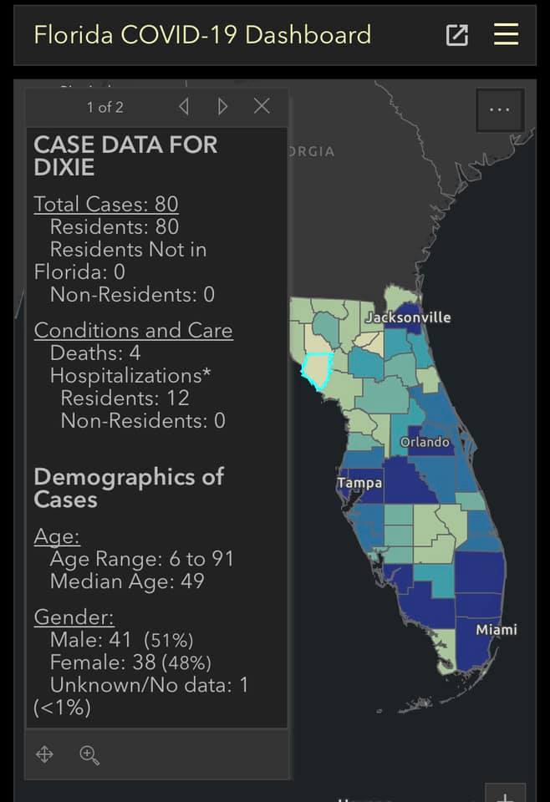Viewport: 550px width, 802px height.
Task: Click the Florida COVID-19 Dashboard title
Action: pyautogui.click(x=202, y=35)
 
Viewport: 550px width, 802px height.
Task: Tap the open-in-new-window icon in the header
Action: pyautogui.click(x=457, y=35)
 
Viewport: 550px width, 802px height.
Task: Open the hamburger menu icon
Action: pyautogui.click(x=506, y=35)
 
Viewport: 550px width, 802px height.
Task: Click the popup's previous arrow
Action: pyautogui.click(x=184, y=106)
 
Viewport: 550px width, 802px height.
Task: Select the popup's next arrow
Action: pyautogui.click(x=222, y=106)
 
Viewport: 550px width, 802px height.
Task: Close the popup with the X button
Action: pyautogui.click(x=262, y=106)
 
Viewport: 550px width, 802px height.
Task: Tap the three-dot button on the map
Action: pyautogui.click(x=500, y=109)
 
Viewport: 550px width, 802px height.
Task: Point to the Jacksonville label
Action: pyautogui.click(x=408, y=317)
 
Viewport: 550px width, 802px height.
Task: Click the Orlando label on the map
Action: pyautogui.click(x=425, y=442)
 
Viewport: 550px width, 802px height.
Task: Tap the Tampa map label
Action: pyautogui.click(x=359, y=484)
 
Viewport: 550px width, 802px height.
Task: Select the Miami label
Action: pyautogui.click(x=497, y=630)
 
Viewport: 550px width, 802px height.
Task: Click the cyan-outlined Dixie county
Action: pyautogui.click(x=317, y=370)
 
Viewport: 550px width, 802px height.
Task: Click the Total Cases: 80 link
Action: pyautogui.click(x=106, y=204)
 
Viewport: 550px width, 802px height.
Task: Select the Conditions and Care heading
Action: pyautogui.click(x=134, y=331)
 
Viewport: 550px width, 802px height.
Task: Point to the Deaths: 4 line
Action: pyautogui.click(x=95, y=353)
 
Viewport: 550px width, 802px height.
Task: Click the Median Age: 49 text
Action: pyautogui.click(x=127, y=581)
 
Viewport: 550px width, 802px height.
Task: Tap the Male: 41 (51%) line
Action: pyautogui.click(x=122, y=640)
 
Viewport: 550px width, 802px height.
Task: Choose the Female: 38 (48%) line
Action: pyautogui.click(x=130, y=662)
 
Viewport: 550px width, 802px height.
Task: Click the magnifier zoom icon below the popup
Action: pyautogui.click(x=89, y=755)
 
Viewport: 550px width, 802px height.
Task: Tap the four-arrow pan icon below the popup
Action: pyautogui.click(x=44, y=754)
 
